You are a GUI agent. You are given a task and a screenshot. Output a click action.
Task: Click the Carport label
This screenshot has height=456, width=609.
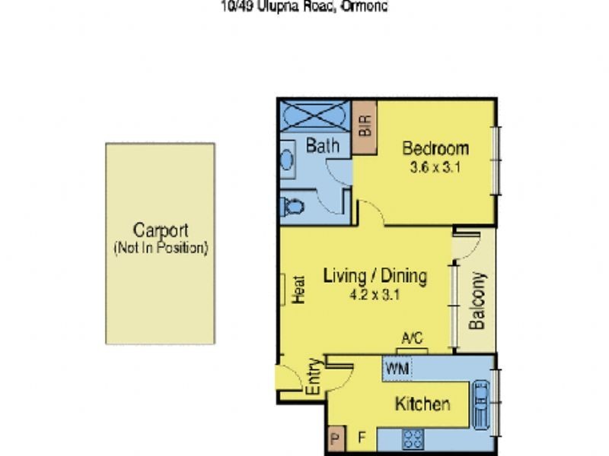(160, 230)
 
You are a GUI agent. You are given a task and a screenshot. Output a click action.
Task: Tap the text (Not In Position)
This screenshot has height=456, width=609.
(160, 249)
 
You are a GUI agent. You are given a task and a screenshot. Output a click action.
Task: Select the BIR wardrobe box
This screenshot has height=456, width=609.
(364, 125)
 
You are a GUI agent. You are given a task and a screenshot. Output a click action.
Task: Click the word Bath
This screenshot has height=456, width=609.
(322, 145)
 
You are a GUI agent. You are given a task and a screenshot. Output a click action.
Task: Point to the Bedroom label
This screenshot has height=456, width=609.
(435, 147)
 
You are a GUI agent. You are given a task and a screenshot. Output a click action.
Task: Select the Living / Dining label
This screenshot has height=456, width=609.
(375, 276)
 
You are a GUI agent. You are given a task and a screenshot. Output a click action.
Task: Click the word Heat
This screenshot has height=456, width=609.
(298, 290)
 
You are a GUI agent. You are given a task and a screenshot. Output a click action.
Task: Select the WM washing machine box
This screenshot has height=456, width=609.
(397, 368)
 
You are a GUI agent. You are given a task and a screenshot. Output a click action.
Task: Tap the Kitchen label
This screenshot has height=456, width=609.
(422, 404)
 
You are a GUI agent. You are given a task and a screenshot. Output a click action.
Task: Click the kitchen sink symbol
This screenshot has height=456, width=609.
(482, 404)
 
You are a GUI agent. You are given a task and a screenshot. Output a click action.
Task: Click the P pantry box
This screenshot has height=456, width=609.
(336, 439)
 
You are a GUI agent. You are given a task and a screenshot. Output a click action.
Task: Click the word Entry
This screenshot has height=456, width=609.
(313, 378)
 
